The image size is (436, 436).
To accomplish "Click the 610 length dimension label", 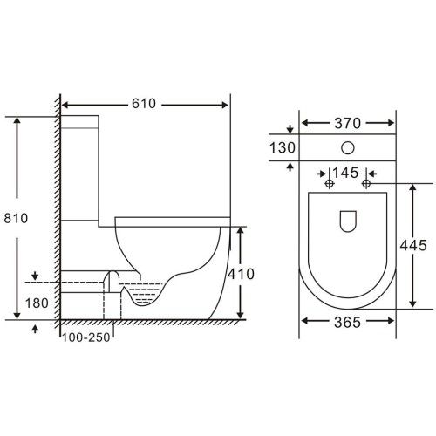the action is click(144, 104).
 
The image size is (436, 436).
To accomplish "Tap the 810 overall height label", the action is click(16, 218).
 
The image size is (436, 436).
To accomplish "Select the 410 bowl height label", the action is click(241, 274).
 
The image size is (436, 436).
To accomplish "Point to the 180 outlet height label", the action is click(37, 303).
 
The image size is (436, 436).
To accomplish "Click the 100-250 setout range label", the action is click(86, 337).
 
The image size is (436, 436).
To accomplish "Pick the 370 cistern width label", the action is click(347, 124).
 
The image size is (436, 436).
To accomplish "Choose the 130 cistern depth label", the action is click(283, 147).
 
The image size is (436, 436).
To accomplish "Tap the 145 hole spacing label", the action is click(345, 174).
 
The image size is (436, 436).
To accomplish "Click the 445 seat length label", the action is click(413, 245).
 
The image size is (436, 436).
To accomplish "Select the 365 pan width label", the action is click(347, 323).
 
